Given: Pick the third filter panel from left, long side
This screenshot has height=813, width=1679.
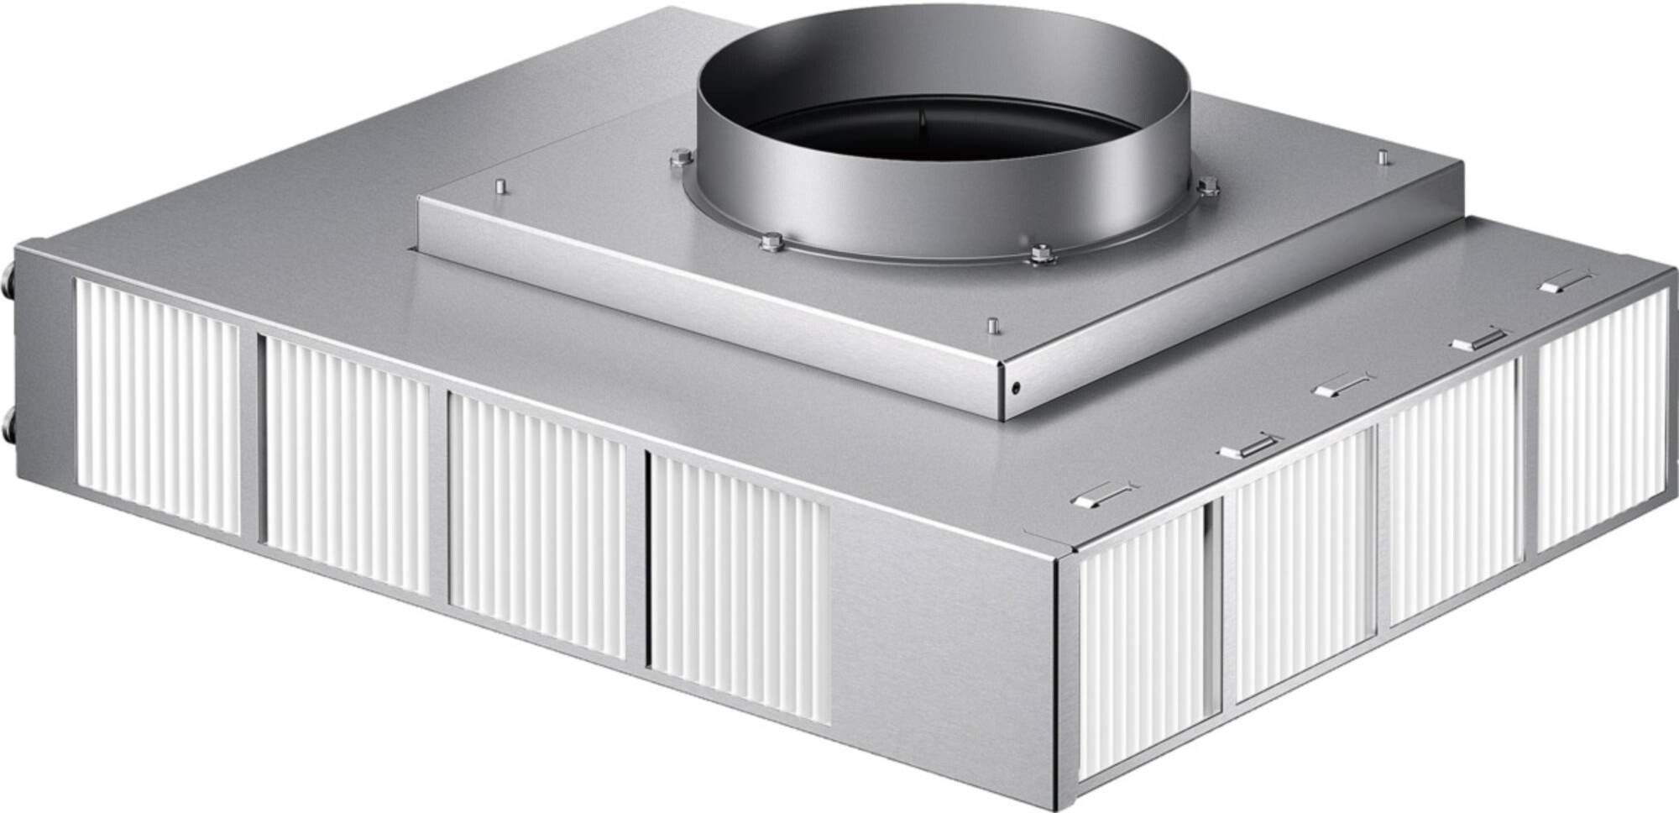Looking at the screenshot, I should click(537, 525).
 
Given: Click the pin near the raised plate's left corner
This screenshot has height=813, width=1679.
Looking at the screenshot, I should click(499, 186).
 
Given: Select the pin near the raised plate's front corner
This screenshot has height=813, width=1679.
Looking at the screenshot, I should click(991, 323).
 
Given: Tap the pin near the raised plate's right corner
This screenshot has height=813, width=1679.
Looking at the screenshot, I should click(1380, 157).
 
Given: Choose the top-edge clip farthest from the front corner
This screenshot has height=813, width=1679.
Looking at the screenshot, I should click(1565, 283).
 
